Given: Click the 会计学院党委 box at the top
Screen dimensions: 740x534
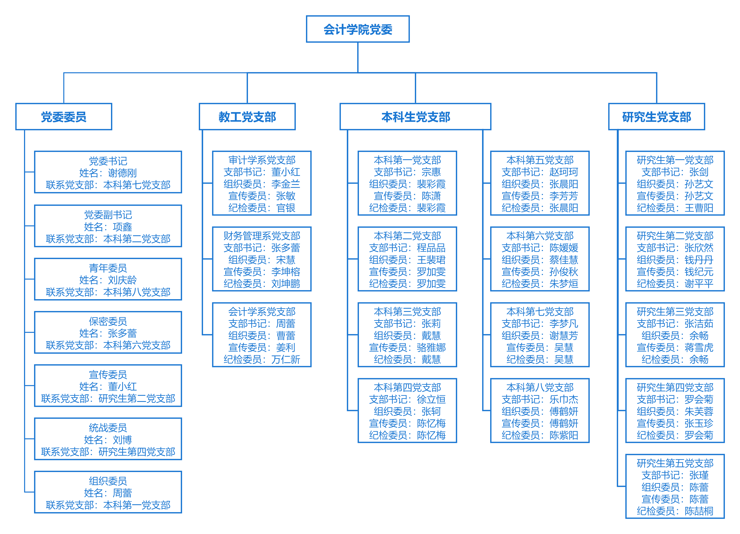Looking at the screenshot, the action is tap(358, 29).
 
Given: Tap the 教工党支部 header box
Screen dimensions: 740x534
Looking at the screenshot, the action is tap(247, 117).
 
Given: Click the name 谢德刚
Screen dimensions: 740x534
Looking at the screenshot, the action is tap(122, 173).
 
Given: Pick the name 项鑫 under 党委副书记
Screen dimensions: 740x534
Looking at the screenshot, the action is tap(122, 227).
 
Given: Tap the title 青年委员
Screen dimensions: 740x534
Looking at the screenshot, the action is tap(108, 268).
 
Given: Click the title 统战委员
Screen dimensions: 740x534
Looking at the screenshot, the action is tap(108, 428).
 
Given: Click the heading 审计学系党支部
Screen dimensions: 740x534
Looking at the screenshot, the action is tap(262, 160).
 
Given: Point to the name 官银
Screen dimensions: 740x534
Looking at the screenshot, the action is tap(286, 208).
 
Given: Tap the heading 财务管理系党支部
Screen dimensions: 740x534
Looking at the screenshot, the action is tap(262, 236).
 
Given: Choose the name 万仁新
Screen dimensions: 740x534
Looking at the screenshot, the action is tap(286, 359).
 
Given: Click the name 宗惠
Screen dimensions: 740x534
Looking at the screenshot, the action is tap(431, 172).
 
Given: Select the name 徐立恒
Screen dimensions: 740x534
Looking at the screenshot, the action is tap(431, 399).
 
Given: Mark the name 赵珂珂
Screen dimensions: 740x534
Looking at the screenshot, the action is tap(564, 172).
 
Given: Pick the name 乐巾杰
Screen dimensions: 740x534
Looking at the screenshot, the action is tap(564, 399).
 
